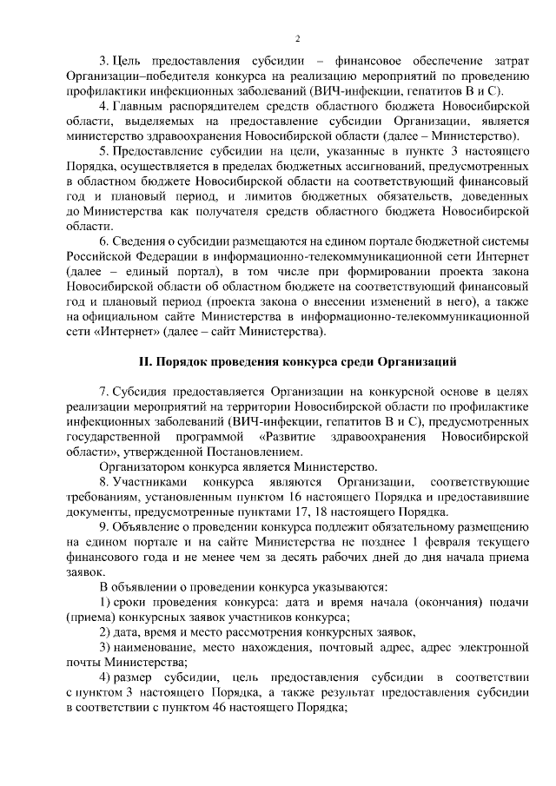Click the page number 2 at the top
297,39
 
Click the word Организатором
144,466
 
